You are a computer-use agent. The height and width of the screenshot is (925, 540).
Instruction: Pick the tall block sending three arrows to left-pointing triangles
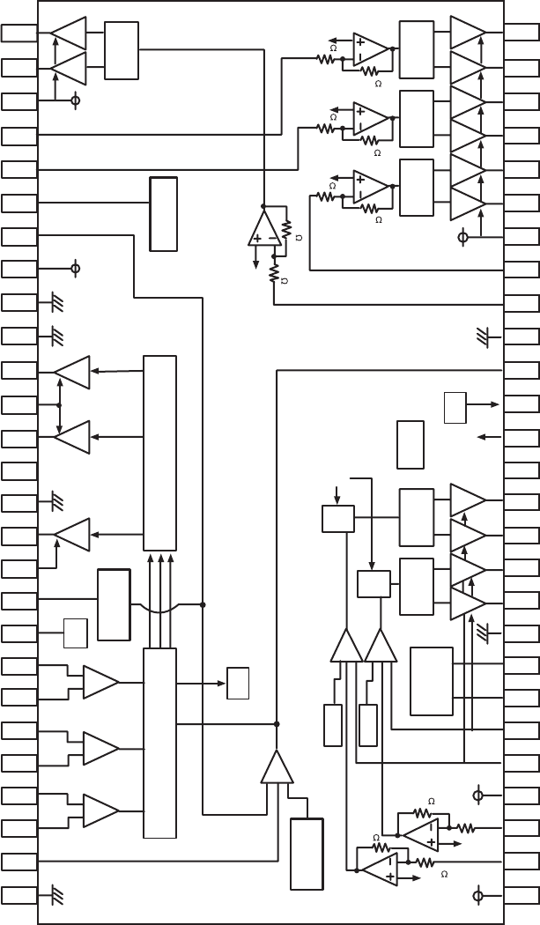(x=159, y=453)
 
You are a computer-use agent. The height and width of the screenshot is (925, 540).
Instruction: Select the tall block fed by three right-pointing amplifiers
(x=159, y=743)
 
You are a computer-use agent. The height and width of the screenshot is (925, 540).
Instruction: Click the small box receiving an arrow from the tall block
(x=238, y=683)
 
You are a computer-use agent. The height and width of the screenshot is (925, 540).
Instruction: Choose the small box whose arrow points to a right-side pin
(x=455, y=406)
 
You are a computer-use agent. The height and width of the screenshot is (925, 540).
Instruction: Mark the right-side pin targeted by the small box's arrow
(x=522, y=404)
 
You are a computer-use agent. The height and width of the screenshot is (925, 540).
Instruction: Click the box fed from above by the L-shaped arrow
(x=374, y=584)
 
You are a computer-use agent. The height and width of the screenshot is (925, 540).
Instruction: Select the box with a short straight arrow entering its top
(x=337, y=518)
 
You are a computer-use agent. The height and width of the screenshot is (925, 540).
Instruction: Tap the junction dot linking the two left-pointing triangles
(x=59, y=405)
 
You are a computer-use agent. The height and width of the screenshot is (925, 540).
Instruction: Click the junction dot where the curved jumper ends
(x=203, y=604)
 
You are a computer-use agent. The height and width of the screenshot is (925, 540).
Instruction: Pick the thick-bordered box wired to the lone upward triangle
(x=307, y=855)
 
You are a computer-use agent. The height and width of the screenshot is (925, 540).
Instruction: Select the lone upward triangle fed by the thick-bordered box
(x=277, y=768)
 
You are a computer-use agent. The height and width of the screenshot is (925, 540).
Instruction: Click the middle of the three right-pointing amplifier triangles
(x=100, y=748)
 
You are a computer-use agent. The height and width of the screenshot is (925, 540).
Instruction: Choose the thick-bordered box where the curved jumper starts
(x=114, y=604)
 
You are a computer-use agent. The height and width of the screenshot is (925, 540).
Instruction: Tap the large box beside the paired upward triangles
(x=432, y=681)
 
